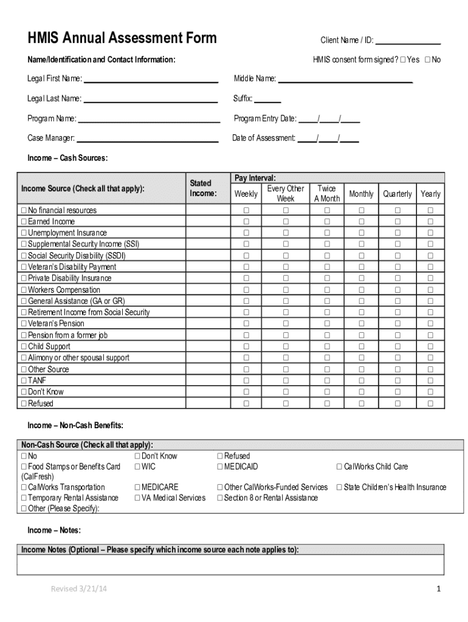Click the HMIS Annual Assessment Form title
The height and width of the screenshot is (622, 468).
122,38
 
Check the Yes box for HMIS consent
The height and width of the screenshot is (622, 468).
404,60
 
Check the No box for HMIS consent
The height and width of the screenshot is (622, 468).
428,60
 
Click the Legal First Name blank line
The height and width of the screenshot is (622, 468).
150,79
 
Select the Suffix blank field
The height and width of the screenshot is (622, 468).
267,99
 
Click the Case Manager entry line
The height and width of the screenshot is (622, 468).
147,138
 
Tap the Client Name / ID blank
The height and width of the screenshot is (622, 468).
408,41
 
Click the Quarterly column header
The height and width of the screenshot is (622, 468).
397,194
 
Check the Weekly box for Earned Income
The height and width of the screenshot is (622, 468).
246,222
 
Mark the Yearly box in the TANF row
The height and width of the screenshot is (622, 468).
430,381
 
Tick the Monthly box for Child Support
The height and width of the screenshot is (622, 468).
361,347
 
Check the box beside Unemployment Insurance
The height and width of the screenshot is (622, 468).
24,233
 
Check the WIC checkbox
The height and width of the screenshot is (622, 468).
137,467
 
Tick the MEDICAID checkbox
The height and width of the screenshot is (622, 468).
220,467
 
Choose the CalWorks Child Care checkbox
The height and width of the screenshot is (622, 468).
340,467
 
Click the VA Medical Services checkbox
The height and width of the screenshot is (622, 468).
137,498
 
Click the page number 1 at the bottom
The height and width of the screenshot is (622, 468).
438,589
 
